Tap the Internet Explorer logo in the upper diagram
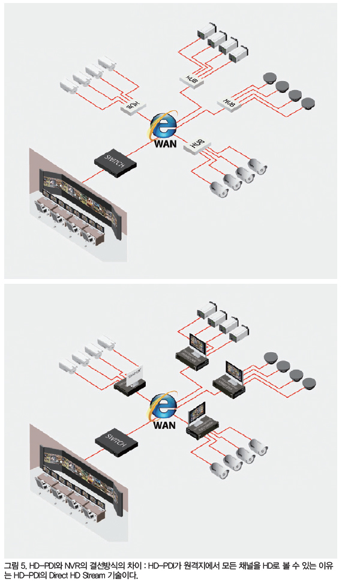pos(163,125)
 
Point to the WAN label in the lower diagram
pos(164,425)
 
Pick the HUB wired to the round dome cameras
pos(228,103)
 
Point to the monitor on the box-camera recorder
pos(197,343)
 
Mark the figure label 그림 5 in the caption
pos(14,565)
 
